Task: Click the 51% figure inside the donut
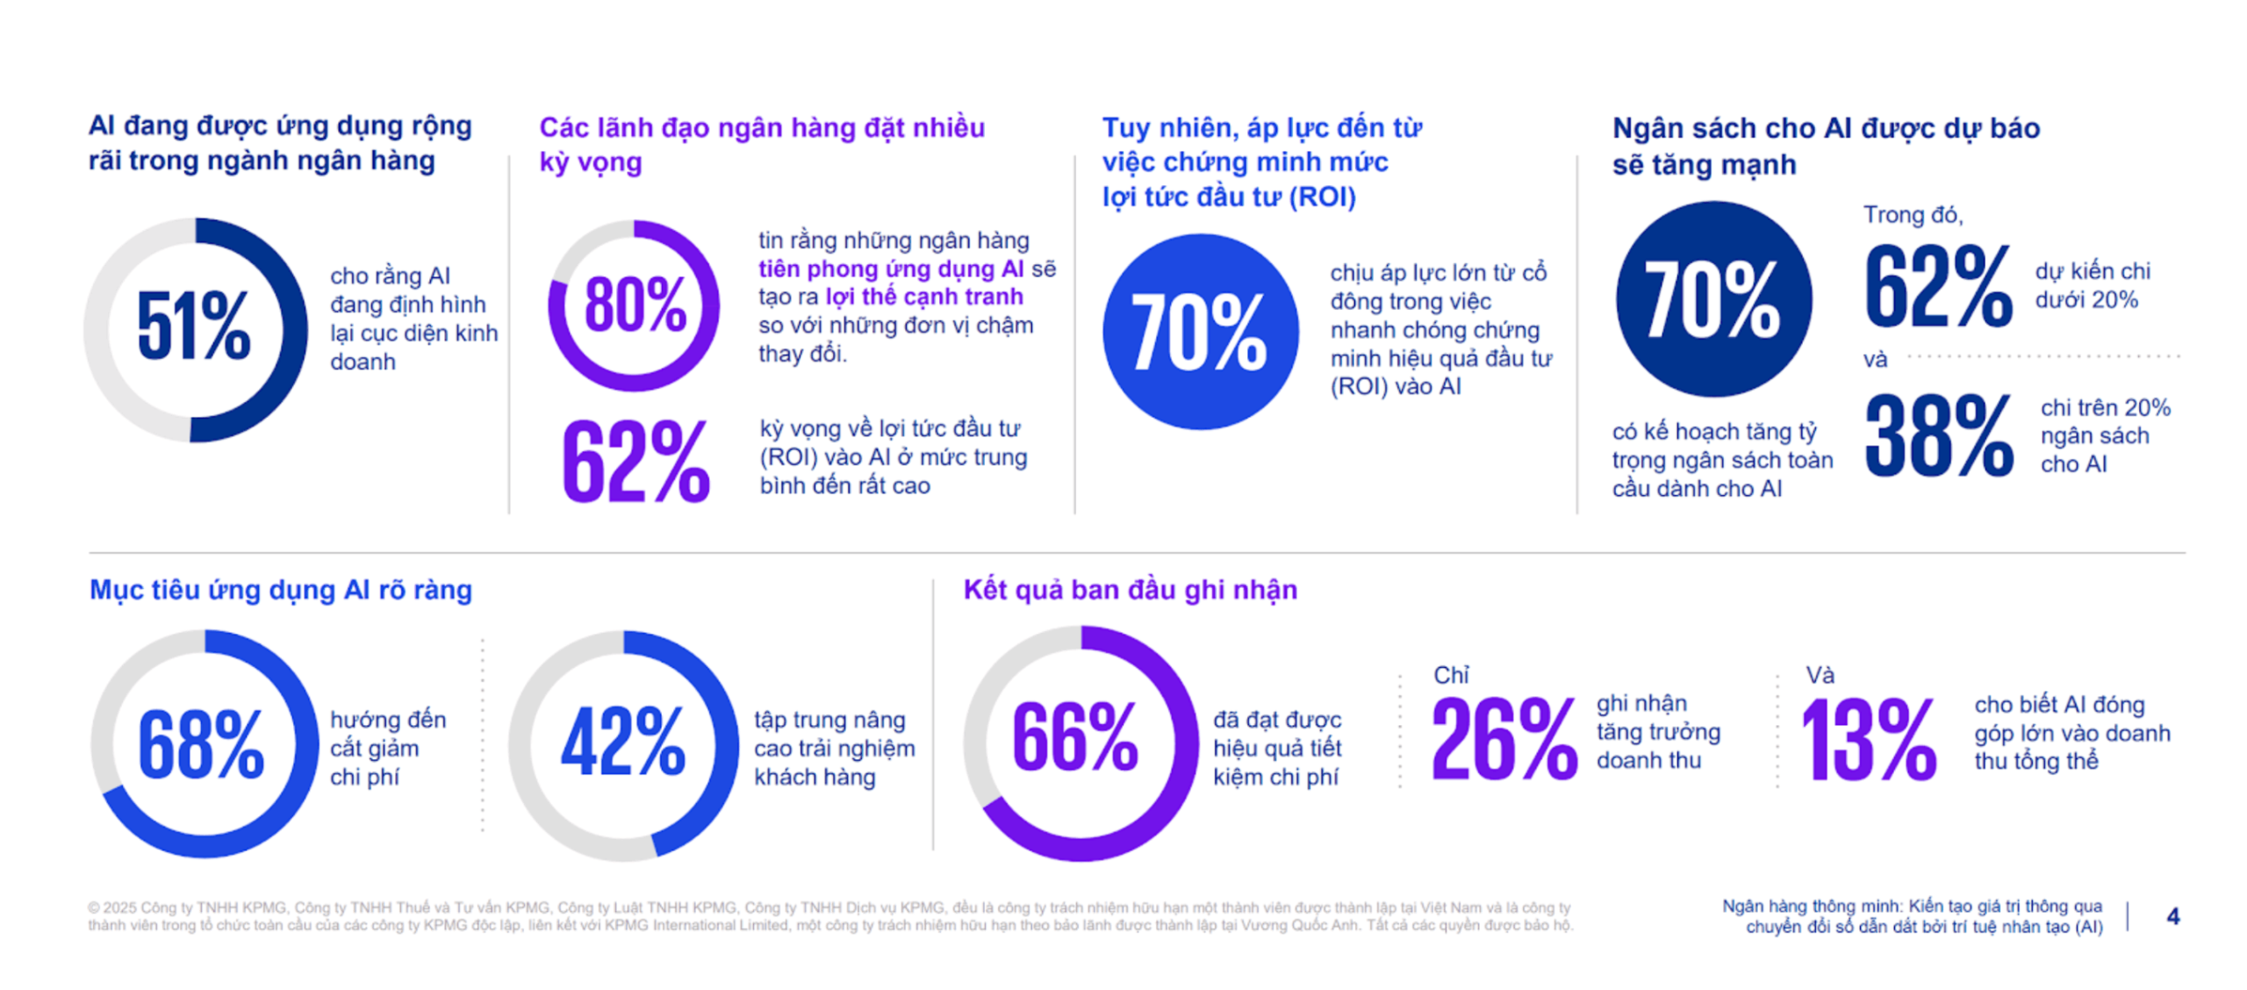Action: pyautogui.click(x=193, y=326)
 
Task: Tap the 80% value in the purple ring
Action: pyautogui.click(x=635, y=305)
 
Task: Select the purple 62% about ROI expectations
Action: pyautogui.click(x=635, y=462)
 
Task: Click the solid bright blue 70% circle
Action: pyautogui.click(x=1199, y=332)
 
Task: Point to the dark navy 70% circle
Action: pyautogui.click(x=1712, y=299)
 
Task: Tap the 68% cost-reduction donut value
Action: pyautogui.click(x=201, y=744)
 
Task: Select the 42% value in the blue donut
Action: pyautogui.click(x=623, y=742)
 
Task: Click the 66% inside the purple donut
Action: pyautogui.click(x=1075, y=738)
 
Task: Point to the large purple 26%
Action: pyautogui.click(x=1503, y=740)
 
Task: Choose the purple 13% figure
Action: pyautogui.click(x=1868, y=740)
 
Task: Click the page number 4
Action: pyautogui.click(x=2172, y=916)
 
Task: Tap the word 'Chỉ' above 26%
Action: pyautogui.click(x=1450, y=674)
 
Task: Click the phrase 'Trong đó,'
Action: pyautogui.click(x=1913, y=215)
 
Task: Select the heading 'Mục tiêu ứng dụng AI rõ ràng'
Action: pyautogui.click(x=281, y=590)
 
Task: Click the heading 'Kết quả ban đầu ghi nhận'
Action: pyautogui.click(x=1130, y=590)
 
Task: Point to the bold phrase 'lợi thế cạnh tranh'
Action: pyautogui.click(x=924, y=297)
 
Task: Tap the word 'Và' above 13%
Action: pyautogui.click(x=1820, y=674)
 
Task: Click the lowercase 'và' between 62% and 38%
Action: pyautogui.click(x=1875, y=360)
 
